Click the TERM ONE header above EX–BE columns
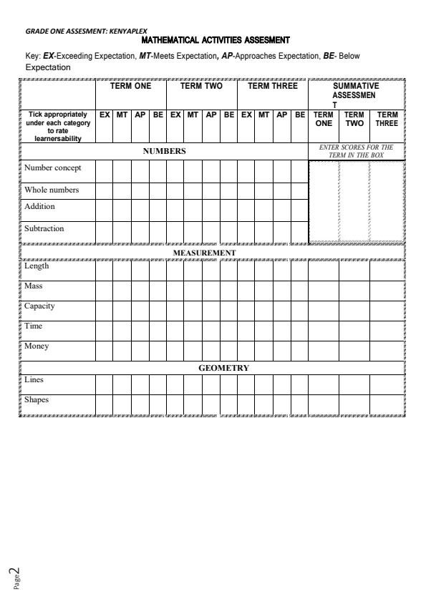pyautogui.click(x=130, y=86)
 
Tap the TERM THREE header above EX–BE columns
pyautogui.click(x=272, y=86)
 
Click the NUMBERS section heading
pyautogui.click(x=164, y=151)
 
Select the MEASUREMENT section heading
pyautogui.click(x=204, y=253)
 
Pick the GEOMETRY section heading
pyautogui.click(x=223, y=368)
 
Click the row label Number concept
pyautogui.click(x=53, y=168)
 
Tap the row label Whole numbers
pyautogui.click(x=52, y=190)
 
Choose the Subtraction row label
pyautogui.click(x=44, y=229)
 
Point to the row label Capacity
pyautogui.click(x=39, y=306)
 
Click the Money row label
pyautogui.click(x=37, y=346)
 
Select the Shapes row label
pyautogui.click(x=37, y=400)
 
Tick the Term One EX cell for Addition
pyautogui.click(x=104, y=210)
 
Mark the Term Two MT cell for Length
pyautogui.click(x=193, y=271)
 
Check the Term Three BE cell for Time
pyautogui.click(x=299, y=331)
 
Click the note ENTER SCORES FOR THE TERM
pyautogui.click(x=356, y=151)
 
